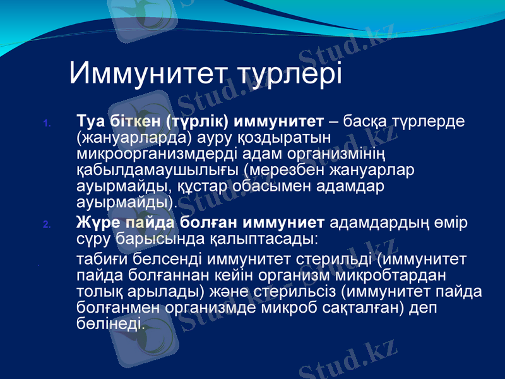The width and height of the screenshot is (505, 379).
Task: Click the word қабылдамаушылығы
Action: pyautogui.click(x=157, y=170)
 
